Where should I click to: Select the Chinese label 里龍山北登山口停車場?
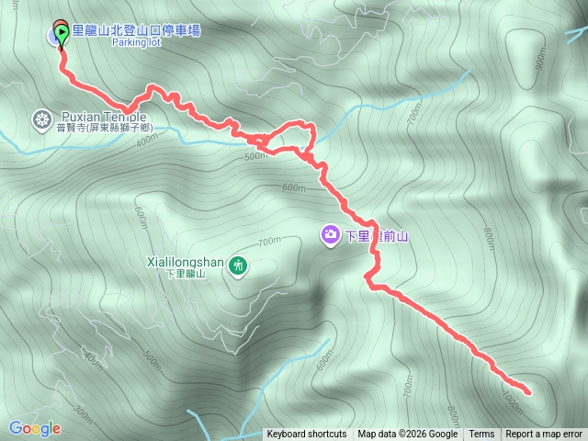pyautogui.click(x=135, y=30)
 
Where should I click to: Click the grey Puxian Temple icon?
pyautogui.click(x=41, y=118)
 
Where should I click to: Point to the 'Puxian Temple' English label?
pyautogui.click(x=103, y=117)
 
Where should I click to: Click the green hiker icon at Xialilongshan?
pyautogui.click(x=238, y=266)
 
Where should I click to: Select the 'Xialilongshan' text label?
pyautogui.click(x=185, y=262)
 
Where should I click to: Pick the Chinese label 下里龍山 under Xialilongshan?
pyautogui.click(x=187, y=274)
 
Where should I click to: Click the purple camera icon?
pyautogui.click(x=329, y=236)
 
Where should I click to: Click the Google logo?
pyautogui.click(x=34, y=428)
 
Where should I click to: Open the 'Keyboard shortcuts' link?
pyautogui.click(x=307, y=435)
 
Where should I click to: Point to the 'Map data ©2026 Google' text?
pyautogui.click(x=407, y=435)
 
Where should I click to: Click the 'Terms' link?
pyautogui.click(x=481, y=435)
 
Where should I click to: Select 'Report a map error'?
pyautogui.click(x=544, y=435)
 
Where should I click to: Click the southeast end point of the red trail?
pyautogui.click(x=528, y=392)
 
